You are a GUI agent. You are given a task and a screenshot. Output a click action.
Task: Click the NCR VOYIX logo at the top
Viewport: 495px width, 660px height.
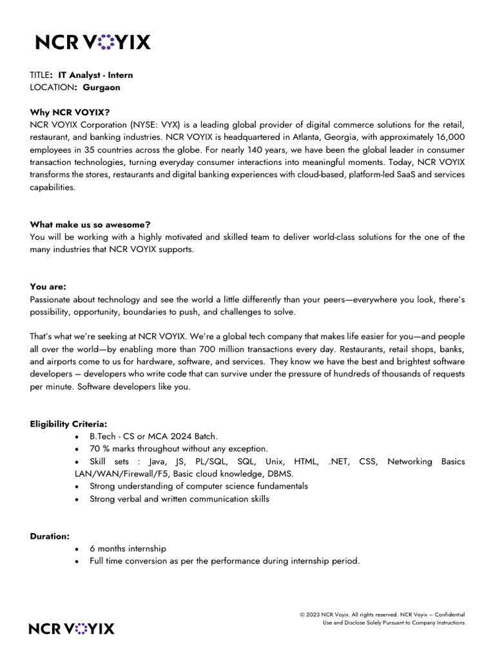coord(92,43)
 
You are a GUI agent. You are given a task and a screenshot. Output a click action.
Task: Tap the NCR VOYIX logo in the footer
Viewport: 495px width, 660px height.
coord(72,628)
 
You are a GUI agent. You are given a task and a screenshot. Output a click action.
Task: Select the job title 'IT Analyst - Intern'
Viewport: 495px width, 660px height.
coord(95,75)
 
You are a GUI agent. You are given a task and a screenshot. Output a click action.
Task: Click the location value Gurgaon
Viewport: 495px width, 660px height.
coord(101,87)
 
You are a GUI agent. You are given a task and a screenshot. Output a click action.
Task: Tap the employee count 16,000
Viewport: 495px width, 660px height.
coord(447,137)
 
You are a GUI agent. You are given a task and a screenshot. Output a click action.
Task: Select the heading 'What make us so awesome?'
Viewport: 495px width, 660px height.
coord(90,224)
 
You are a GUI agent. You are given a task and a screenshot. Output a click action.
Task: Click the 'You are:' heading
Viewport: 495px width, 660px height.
coord(48,287)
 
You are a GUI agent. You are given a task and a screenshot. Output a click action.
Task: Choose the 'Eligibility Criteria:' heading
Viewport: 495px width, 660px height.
coord(68,423)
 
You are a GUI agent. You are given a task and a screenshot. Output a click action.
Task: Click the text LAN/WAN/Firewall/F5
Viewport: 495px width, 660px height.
coord(117,474)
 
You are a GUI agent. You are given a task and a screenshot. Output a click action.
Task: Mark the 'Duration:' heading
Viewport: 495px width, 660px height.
coord(50,536)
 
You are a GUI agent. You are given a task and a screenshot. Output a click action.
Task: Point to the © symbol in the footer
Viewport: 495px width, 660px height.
coord(302,615)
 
